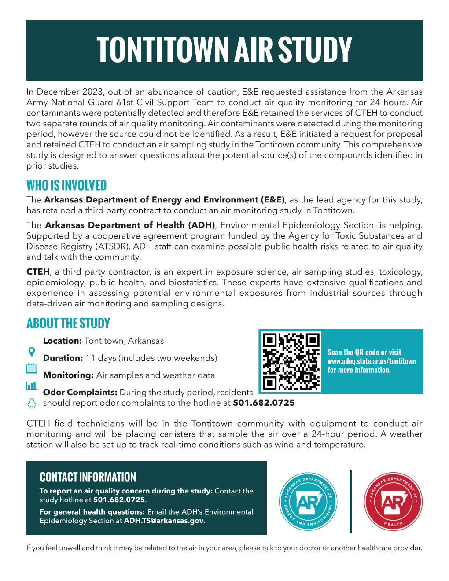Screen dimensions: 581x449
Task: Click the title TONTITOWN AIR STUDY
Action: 224,50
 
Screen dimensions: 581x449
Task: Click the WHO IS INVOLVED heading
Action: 66,186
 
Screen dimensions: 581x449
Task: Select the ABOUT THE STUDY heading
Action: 68,324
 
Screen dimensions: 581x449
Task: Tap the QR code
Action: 291,361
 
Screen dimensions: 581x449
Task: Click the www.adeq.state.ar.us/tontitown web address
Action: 372,361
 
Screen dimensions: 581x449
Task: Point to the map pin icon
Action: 31,352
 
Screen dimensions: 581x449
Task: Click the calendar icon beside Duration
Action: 31,368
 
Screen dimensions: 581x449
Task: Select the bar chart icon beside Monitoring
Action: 31,386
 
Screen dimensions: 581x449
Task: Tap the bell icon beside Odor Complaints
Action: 31,403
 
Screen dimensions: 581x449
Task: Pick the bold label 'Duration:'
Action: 63,358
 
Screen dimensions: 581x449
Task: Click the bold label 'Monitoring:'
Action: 68,375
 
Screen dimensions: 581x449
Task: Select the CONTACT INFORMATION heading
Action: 88,477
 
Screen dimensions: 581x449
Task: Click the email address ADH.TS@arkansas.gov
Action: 164,521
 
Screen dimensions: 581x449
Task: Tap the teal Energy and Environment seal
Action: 308,502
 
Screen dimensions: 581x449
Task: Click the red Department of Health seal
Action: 393,502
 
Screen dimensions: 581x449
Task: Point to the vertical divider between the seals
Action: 351,502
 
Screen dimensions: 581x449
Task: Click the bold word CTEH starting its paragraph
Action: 38,272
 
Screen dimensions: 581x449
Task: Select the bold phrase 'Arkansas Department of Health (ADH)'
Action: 130,225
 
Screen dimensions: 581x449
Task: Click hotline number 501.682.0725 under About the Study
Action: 264,403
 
